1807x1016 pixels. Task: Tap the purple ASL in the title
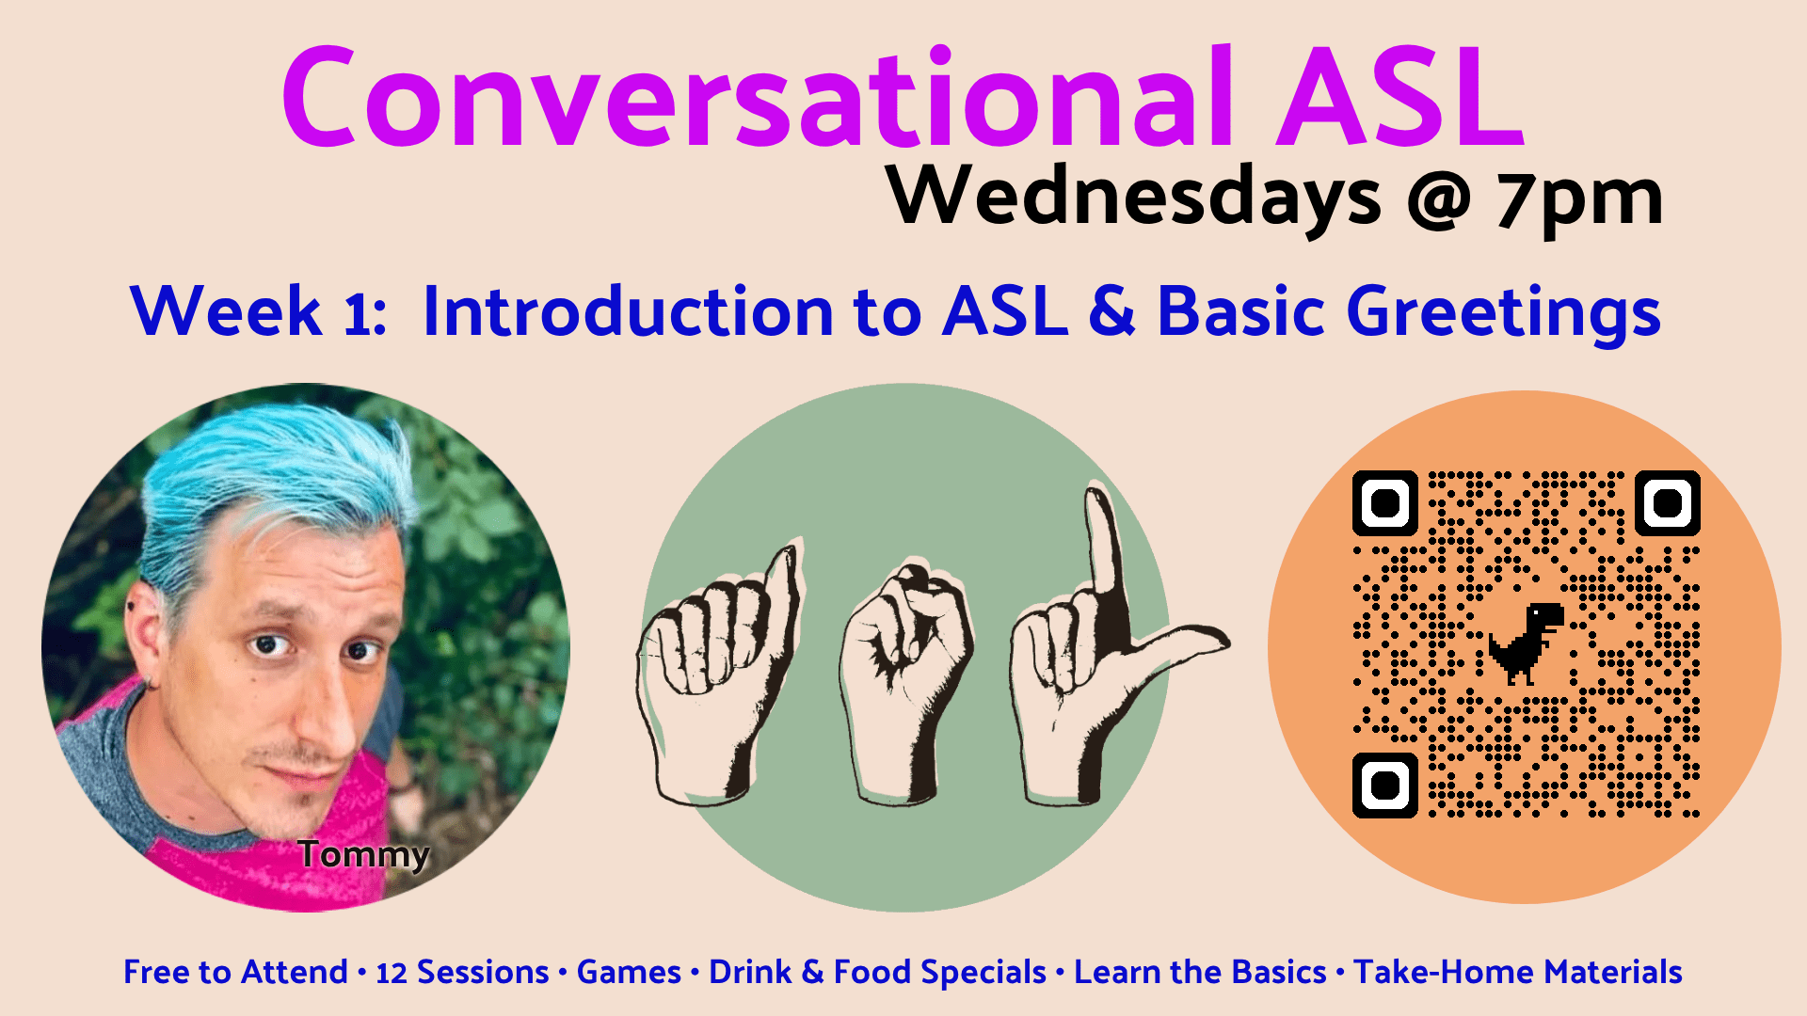pyautogui.click(x=1400, y=97)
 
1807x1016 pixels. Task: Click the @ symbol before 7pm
pyautogui.click(x=1439, y=200)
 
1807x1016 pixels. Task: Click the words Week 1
pyautogui.click(x=257, y=311)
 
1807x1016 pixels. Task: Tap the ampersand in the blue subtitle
pyautogui.click(x=1112, y=311)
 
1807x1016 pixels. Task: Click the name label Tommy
pyautogui.click(x=364, y=855)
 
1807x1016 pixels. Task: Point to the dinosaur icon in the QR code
pyautogui.click(x=1526, y=643)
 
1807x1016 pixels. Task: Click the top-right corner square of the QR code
pyautogui.click(x=1668, y=503)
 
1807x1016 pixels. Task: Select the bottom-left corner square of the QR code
pyautogui.click(x=1385, y=785)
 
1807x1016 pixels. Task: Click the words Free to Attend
pyautogui.click(x=235, y=972)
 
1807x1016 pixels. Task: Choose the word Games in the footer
pyautogui.click(x=629, y=972)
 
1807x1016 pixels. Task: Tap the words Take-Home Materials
pyautogui.click(x=1518, y=972)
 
